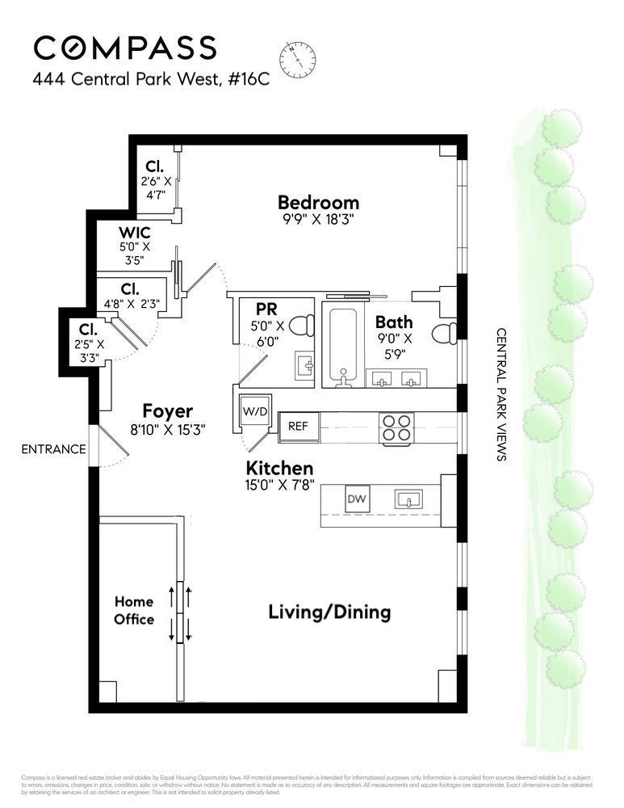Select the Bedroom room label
pos(318,203)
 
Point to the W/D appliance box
pos(255,411)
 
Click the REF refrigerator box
pos(299,426)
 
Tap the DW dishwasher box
pos(357,499)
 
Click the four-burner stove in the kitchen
pos(396,427)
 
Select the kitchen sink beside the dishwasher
pos(408,499)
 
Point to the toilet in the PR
pos(303,325)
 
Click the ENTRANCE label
pos(53,449)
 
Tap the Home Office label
pos(134,610)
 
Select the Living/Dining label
pos(329,612)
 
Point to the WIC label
pos(135,233)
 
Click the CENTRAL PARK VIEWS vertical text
pos(500,393)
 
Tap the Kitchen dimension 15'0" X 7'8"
pos(280,487)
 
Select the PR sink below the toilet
pos(307,364)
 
